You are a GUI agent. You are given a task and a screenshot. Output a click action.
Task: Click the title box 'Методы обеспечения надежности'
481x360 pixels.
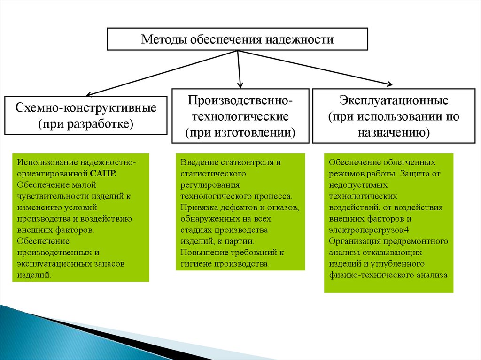(237, 39)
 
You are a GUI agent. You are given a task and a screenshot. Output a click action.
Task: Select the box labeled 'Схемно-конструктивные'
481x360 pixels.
(85, 115)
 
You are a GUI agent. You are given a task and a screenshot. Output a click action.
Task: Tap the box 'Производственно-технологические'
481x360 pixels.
(240, 115)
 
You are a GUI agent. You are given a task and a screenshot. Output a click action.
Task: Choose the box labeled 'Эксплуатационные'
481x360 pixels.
(394, 115)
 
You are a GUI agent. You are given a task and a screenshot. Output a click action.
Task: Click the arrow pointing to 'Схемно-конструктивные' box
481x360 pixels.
(160, 73)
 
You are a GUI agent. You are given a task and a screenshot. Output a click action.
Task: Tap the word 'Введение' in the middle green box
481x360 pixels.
(196, 162)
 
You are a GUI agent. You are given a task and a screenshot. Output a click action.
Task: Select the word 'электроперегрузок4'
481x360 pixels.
(369, 230)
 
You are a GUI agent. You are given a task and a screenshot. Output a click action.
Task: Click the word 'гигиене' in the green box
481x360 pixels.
(196, 264)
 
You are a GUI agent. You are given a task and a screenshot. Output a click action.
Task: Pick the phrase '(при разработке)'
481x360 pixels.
(85, 124)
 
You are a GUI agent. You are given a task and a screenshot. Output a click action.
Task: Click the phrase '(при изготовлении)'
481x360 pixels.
(240, 133)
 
